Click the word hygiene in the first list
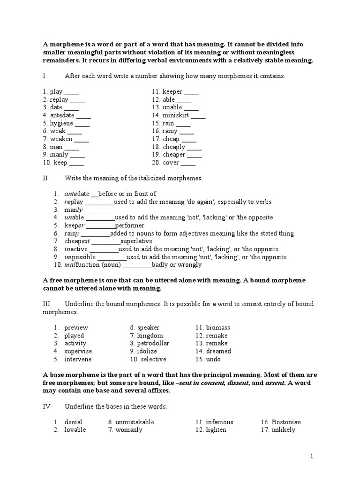[62, 123]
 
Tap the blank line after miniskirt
[198, 115]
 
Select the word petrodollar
[153, 343]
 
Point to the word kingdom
[150, 336]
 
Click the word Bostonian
[285, 422]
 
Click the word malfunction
[82, 265]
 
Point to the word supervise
[78, 351]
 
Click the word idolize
[147, 351]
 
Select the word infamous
[219, 422]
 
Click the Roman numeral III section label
[47, 304]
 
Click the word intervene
[78, 359]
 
